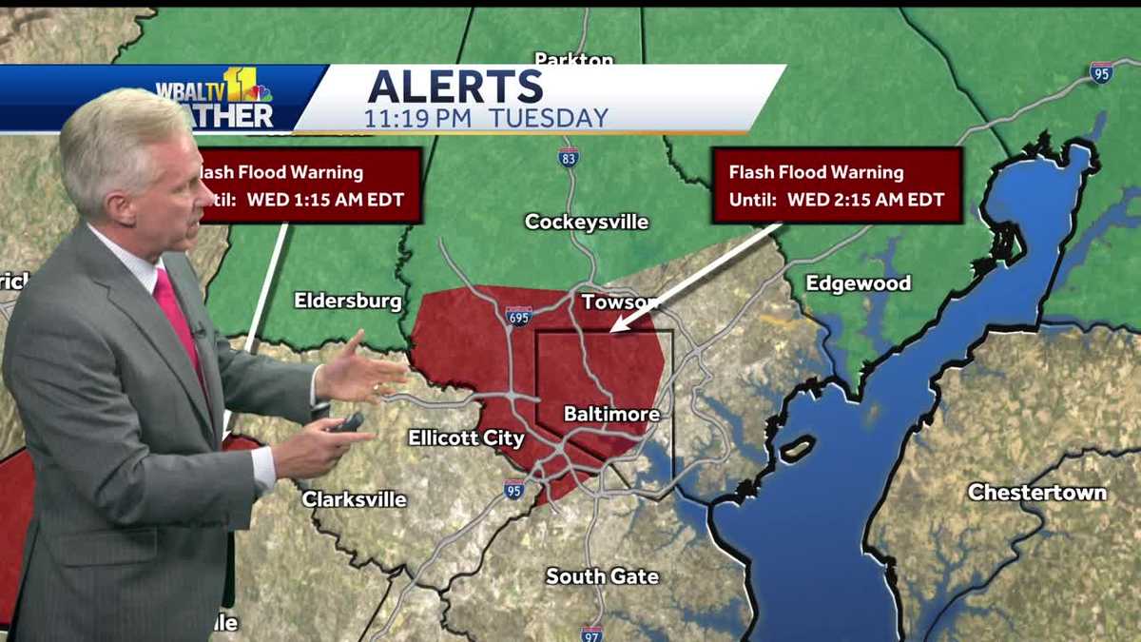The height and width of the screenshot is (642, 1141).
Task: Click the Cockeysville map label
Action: pos(587,222)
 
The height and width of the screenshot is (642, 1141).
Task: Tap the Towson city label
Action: pos(619,302)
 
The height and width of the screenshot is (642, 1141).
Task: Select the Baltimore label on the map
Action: pos(598,414)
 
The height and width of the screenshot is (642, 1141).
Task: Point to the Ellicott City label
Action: pos(466,438)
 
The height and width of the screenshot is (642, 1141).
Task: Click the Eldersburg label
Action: pos(347,301)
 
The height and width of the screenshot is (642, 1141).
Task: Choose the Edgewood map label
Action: pos(858,282)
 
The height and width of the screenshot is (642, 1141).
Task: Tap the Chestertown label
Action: pos(1036,492)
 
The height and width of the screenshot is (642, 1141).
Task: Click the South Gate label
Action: pos(602,576)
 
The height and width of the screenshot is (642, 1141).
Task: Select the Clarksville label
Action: pos(354,499)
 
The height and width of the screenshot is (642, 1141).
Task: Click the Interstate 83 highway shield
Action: pos(569,158)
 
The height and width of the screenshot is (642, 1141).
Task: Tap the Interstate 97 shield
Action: pos(591,632)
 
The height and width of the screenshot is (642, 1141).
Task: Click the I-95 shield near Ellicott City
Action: pos(513,490)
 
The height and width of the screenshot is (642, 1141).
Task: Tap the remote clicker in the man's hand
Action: pos(347,422)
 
